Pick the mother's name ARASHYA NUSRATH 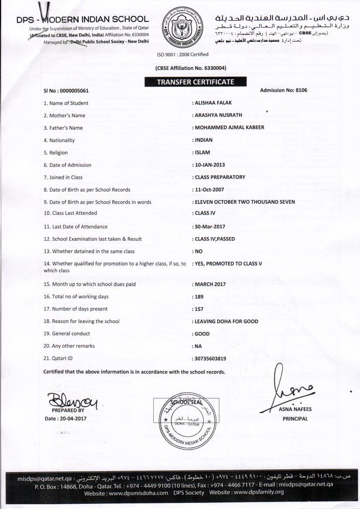coord(218,115)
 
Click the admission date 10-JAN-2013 coord(210,165)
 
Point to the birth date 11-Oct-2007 coord(209,189)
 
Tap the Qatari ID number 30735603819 coord(210,359)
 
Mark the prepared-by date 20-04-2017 coord(71,418)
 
